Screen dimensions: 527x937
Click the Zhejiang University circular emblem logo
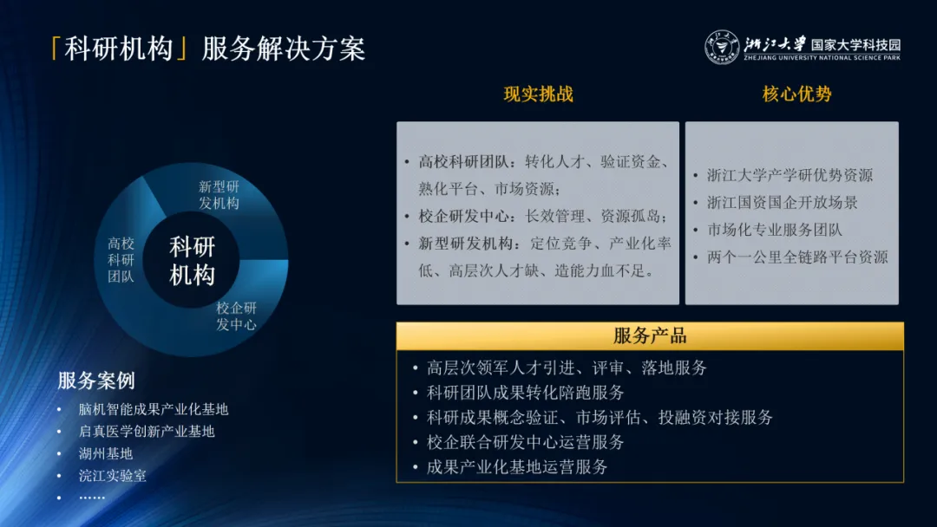pyautogui.click(x=721, y=47)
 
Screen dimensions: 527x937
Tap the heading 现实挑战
pyautogui.click(x=538, y=94)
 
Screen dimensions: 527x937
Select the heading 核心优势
pyautogui.click(x=796, y=94)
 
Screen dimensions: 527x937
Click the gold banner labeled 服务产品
pyautogui.click(x=650, y=336)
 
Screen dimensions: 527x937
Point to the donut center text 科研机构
pyautogui.click(x=192, y=261)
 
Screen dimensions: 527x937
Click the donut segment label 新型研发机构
pyautogui.click(x=219, y=195)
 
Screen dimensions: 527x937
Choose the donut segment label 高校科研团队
pyautogui.click(x=121, y=261)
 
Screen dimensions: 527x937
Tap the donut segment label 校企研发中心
pyautogui.click(x=236, y=316)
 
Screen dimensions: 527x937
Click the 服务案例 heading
pyautogui.click(x=96, y=381)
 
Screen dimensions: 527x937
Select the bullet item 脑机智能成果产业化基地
pyautogui.click(x=154, y=409)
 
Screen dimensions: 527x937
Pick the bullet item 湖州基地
pyautogui.click(x=106, y=453)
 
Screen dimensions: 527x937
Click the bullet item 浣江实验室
pyautogui.click(x=112, y=476)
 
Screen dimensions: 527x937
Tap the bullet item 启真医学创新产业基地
pyautogui.click(x=147, y=431)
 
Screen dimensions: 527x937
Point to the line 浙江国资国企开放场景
pyautogui.click(x=782, y=202)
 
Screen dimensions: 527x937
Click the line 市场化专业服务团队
pyautogui.click(x=775, y=230)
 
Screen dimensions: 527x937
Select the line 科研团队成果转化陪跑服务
pyautogui.click(x=525, y=393)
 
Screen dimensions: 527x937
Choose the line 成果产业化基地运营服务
pyautogui.click(x=517, y=467)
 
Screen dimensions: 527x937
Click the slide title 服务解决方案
pyautogui.click(x=284, y=49)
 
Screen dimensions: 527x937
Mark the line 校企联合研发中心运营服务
pyautogui.click(x=525, y=442)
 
